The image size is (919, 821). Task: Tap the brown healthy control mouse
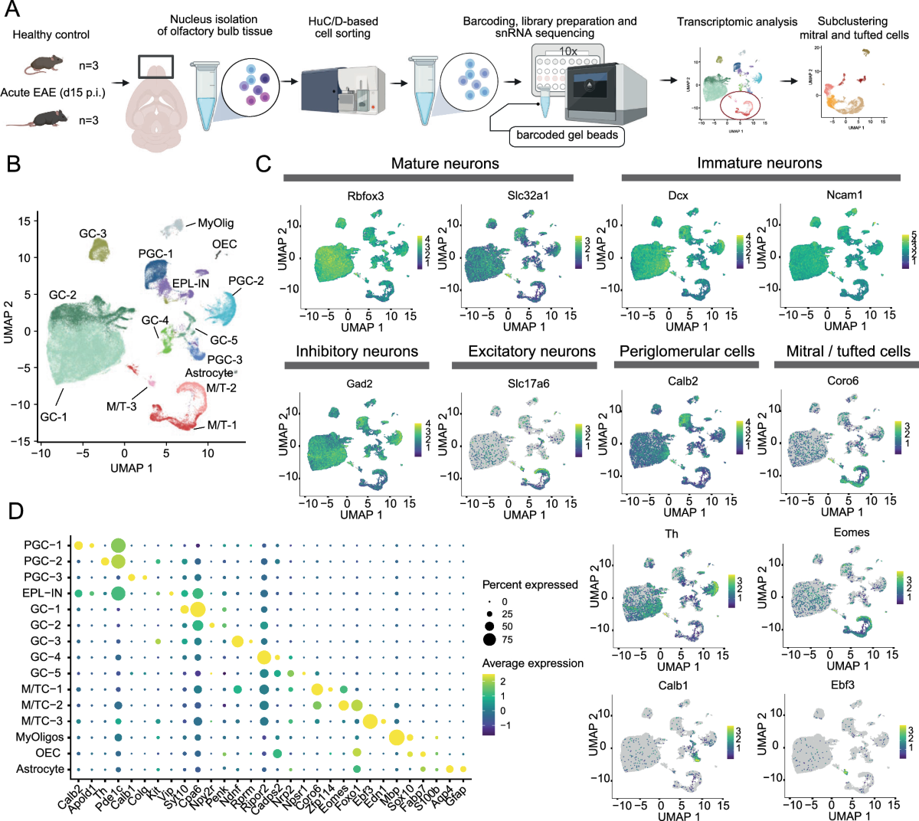44,66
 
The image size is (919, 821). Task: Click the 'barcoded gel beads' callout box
567,136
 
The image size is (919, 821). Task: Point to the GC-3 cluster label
93,233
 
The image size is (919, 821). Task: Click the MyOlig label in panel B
216,223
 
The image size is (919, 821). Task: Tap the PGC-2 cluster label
246,280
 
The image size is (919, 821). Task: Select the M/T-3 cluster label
121,406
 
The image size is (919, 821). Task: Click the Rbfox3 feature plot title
365,195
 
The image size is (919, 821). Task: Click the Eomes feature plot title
851,532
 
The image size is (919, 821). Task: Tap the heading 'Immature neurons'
759,163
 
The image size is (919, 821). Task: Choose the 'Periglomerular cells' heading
687,352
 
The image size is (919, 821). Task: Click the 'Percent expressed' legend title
530,584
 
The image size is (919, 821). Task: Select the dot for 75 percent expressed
489,639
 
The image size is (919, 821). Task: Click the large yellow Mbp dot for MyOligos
396,738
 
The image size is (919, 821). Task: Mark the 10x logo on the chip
567,51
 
